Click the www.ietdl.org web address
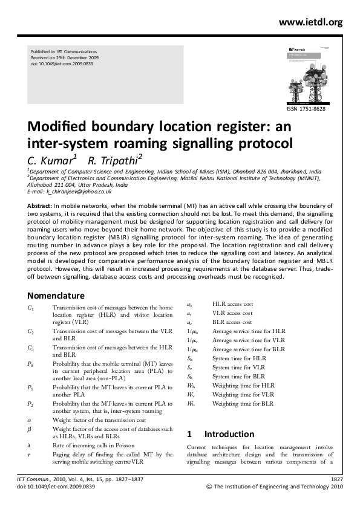tap(310, 22)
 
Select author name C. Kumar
tap(50, 160)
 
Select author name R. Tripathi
tap(113, 160)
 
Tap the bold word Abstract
tap(40, 206)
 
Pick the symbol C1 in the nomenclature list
tap(31, 308)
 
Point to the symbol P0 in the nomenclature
tap(31, 364)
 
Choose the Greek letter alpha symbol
tap(30, 420)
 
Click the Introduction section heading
tap(229, 434)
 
